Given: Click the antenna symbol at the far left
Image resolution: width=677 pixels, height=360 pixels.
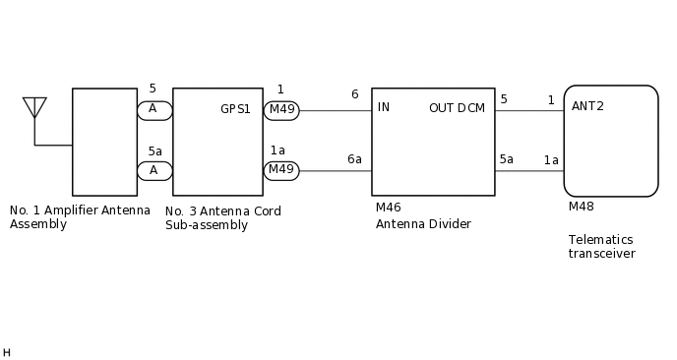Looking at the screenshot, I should (34, 107).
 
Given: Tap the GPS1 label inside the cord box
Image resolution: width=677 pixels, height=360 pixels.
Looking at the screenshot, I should (235, 108).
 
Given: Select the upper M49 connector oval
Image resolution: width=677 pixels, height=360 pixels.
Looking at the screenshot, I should (281, 110).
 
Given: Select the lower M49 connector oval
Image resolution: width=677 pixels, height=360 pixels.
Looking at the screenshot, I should (281, 170).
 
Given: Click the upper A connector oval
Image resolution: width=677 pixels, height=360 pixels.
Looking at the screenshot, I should (154, 110).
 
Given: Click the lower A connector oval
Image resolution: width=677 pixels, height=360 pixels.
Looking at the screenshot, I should (154, 170).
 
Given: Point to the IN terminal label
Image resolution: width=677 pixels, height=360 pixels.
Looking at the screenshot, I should (384, 107).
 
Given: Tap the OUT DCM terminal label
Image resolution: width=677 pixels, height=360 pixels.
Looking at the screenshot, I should (457, 108).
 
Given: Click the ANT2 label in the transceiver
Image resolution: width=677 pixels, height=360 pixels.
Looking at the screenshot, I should (587, 106).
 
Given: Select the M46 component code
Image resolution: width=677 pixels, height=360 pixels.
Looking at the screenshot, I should (388, 208).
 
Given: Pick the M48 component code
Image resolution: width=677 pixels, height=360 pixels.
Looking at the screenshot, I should (581, 207).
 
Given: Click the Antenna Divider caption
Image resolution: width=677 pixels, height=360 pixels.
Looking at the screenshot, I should (423, 224).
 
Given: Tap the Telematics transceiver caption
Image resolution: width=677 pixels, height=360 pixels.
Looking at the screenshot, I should (601, 247).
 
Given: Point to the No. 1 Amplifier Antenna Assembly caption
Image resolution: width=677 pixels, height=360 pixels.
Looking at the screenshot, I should (80, 217).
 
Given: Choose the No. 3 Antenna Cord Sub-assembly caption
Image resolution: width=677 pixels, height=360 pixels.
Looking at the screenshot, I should (223, 217).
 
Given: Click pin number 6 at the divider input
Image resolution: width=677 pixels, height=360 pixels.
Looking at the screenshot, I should (354, 94).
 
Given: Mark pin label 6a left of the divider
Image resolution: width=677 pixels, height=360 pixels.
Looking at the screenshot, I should (354, 159).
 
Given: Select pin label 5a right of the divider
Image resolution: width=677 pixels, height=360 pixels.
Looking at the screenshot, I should (506, 159).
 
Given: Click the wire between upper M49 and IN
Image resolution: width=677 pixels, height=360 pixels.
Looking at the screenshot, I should (335, 110).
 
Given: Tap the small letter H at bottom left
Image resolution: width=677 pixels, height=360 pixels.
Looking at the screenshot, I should (6, 352).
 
